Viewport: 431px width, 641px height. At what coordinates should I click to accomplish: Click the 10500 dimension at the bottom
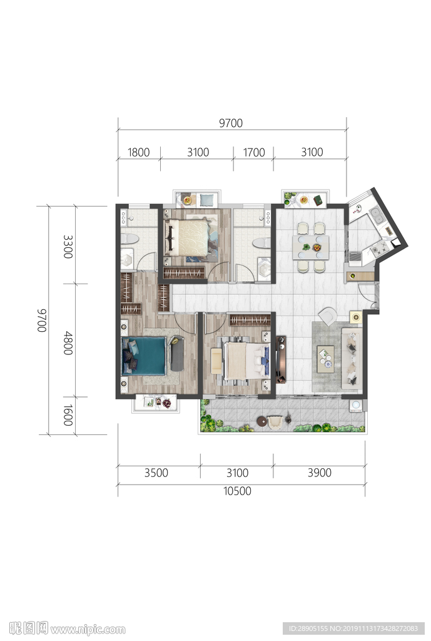click(x=237, y=491)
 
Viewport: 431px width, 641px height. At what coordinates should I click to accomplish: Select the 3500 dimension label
click(x=156, y=473)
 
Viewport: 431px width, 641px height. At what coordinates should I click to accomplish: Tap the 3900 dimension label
click(x=320, y=473)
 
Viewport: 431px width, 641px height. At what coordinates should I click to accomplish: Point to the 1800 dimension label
click(x=138, y=153)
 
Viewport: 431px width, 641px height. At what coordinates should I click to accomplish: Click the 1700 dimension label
click(x=254, y=153)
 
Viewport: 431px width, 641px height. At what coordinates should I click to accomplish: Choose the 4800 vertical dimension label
click(x=68, y=343)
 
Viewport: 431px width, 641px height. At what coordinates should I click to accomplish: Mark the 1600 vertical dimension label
click(x=68, y=416)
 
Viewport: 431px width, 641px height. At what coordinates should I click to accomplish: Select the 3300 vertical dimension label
click(x=68, y=247)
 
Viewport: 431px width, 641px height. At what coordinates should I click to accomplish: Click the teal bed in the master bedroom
click(x=145, y=356)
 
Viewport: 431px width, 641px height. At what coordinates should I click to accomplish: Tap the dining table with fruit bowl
click(x=310, y=247)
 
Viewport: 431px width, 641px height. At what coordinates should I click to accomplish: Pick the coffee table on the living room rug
click(x=326, y=359)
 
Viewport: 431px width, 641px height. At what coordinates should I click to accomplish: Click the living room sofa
click(x=351, y=358)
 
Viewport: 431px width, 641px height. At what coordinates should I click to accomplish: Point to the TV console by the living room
click(x=281, y=359)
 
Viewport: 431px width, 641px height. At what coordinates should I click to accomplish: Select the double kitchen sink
click(x=377, y=215)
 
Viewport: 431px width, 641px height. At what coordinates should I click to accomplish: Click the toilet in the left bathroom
click(x=130, y=238)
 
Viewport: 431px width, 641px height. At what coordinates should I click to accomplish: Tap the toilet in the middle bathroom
click(x=261, y=244)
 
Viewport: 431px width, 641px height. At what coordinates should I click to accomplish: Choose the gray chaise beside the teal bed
click(x=177, y=353)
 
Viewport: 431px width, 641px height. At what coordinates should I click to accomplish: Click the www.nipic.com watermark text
click(x=88, y=629)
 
